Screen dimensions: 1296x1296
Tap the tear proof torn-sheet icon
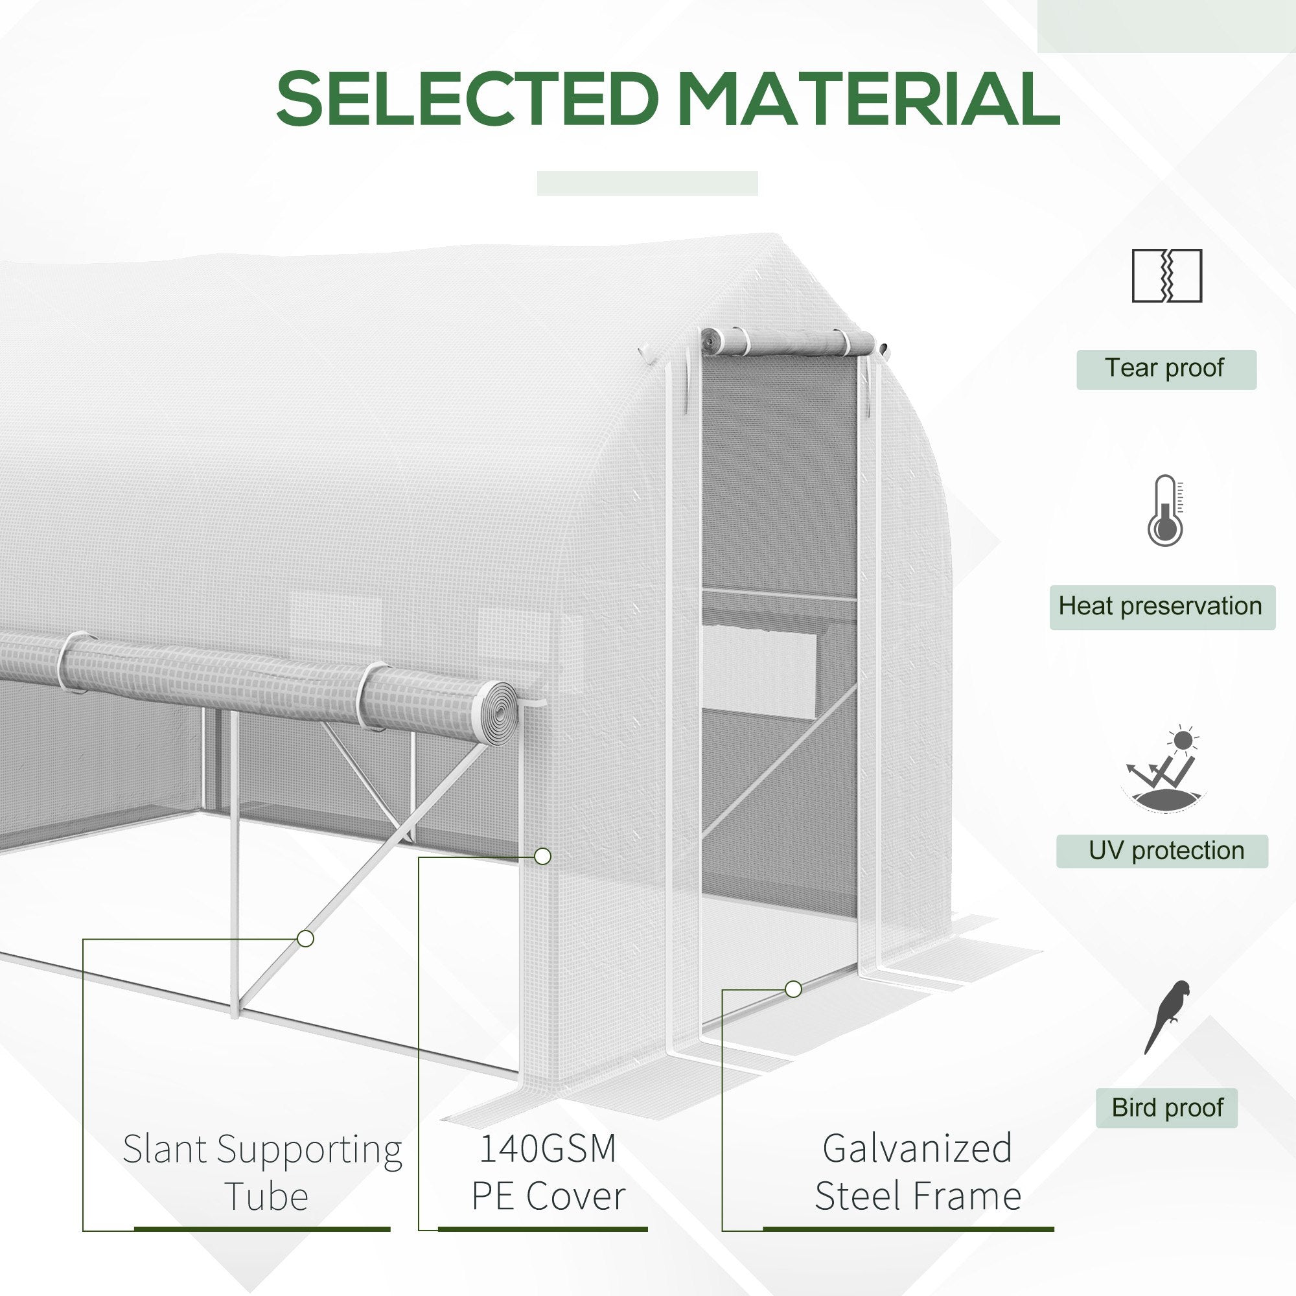(x=1166, y=275)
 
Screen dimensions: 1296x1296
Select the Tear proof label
(x=1166, y=369)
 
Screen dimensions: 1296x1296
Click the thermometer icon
(x=1166, y=511)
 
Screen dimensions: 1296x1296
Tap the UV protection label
(x=1162, y=851)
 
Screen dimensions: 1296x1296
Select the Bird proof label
(x=1166, y=1107)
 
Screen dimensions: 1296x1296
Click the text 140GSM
(x=548, y=1148)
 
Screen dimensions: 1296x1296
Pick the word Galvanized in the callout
(x=917, y=1148)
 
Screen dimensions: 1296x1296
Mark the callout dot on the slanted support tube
(x=305, y=938)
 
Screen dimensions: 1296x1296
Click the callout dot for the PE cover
(x=542, y=857)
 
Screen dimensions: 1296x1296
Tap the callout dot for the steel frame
(x=793, y=989)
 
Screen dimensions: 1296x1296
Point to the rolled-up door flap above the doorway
(x=787, y=341)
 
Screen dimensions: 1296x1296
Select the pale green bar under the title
(x=647, y=183)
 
